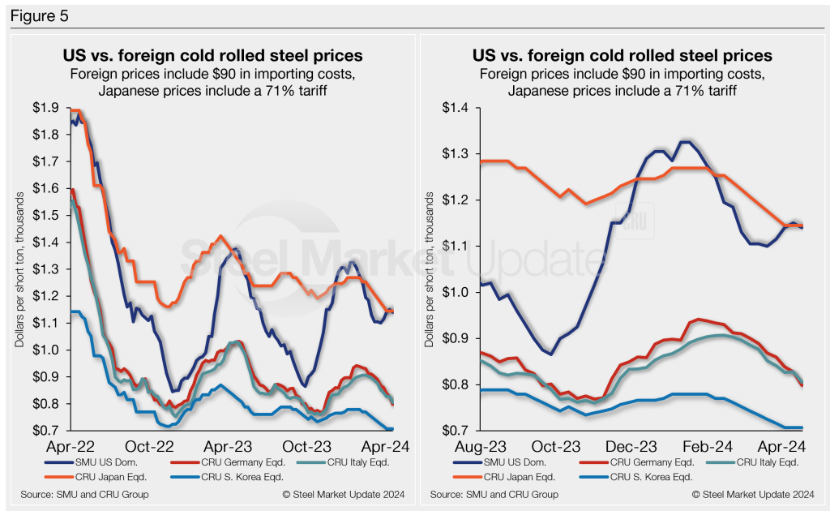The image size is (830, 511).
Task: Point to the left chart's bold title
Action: (212, 56)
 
